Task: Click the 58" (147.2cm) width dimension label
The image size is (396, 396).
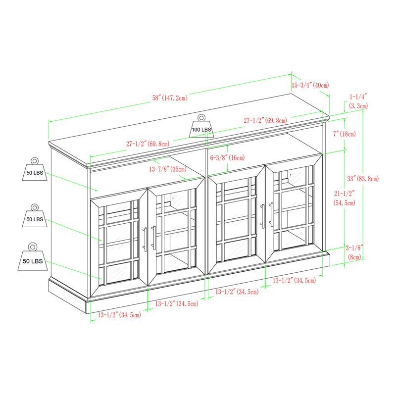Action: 170,98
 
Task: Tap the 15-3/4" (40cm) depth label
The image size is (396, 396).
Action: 310,85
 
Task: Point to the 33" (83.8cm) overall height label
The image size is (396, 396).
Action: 363,179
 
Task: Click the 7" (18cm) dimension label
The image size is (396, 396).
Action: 344,134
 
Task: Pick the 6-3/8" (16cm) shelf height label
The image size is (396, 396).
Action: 227,157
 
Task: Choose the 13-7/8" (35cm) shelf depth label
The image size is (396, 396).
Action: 168,169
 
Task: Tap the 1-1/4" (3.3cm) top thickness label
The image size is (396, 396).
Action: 358,101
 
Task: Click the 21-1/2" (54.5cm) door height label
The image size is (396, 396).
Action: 344,198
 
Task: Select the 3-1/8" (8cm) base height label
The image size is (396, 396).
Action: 354,252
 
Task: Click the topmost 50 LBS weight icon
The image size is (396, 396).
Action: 35,169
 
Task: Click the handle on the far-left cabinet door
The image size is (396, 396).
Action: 145,240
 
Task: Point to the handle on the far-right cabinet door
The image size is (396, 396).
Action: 271,215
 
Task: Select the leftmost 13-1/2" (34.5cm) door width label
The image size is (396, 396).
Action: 119,315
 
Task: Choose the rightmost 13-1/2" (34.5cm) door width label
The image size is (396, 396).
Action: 294,280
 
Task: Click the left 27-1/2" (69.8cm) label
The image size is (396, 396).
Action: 148,144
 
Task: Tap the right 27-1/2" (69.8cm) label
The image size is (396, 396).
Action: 265,120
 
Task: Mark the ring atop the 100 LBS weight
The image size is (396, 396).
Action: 201,118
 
